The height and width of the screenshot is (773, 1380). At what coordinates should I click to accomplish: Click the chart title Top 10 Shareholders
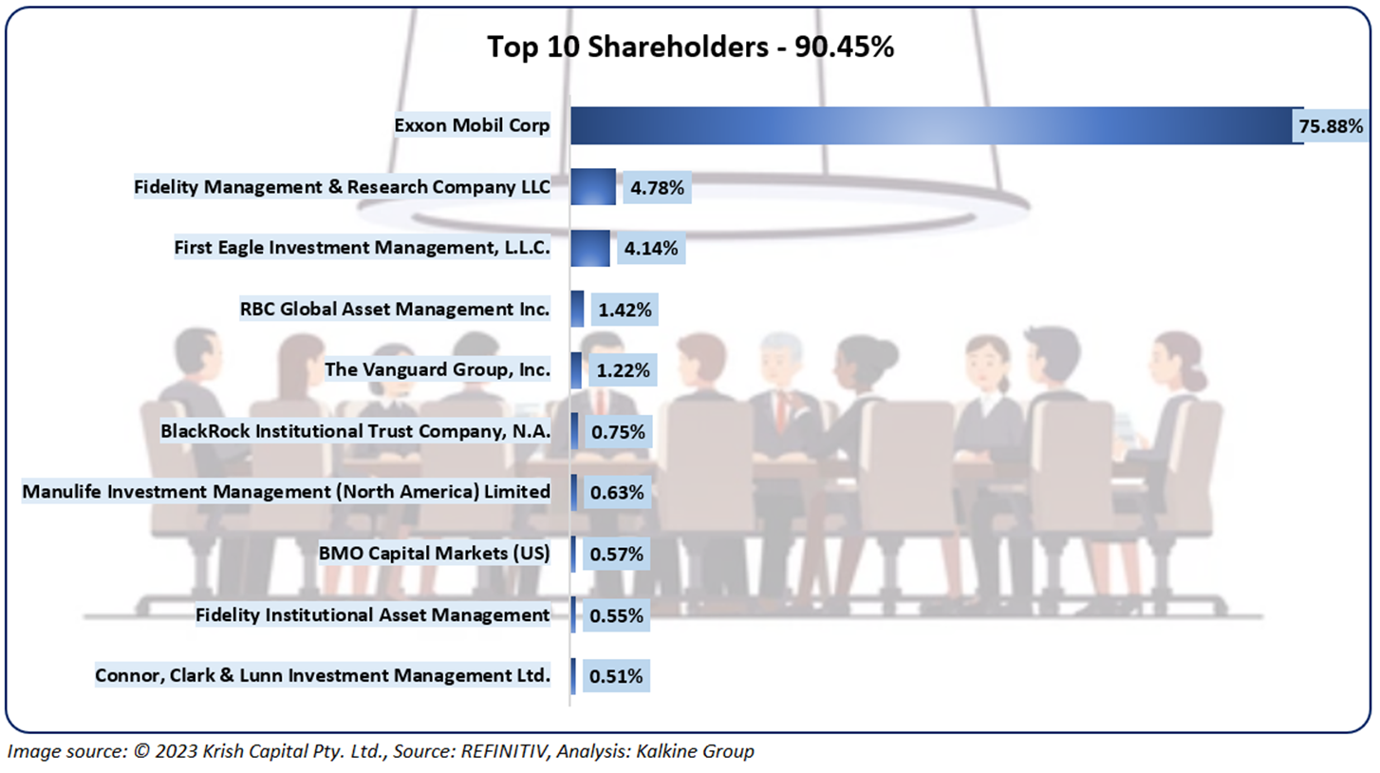coord(690,47)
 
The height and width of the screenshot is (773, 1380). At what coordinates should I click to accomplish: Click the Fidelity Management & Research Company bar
coord(593,187)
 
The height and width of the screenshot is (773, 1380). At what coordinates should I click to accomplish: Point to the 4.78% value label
coord(656,188)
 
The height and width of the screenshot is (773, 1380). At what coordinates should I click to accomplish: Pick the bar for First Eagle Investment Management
coord(590,249)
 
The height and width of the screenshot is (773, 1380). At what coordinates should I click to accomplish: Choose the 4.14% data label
coord(651,250)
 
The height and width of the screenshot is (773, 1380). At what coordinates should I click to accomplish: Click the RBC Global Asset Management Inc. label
coord(396,309)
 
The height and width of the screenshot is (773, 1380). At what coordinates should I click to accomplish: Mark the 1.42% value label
coord(622,310)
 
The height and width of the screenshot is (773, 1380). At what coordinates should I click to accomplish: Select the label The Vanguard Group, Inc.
coord(438,369)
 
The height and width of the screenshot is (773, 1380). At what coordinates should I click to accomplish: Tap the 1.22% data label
coord(622,371)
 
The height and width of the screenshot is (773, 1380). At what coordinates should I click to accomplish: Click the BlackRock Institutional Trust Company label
coord(356,431)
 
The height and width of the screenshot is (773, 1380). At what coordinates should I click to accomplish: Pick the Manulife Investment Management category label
coord(286,492)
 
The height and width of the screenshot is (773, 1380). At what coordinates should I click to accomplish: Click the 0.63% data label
coord(617,493)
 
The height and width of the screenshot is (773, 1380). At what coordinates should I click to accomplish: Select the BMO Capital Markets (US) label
coord(435,553)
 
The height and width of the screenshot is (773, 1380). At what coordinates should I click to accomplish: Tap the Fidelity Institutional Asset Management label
coord(373,614)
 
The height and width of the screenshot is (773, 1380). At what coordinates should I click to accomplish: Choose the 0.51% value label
coord(617,677)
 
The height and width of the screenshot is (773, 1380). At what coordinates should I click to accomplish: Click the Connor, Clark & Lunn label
coord(323,676)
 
